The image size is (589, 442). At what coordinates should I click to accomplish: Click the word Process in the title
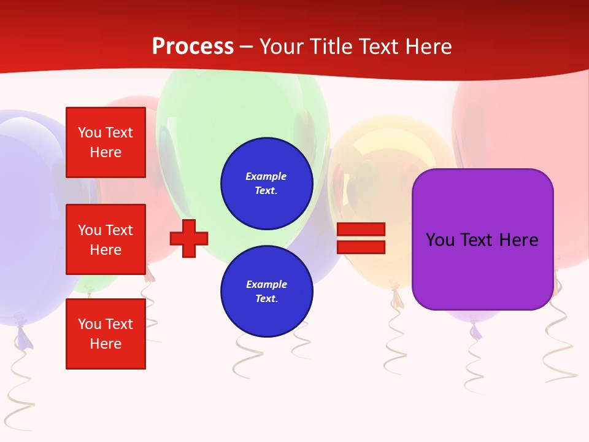point(193,47)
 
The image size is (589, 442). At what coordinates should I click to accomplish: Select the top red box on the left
point(106,142)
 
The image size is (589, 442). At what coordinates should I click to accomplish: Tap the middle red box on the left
point(106,239)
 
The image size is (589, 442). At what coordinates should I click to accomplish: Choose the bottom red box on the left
point(106,333)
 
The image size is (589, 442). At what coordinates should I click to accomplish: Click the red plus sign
point(189,238)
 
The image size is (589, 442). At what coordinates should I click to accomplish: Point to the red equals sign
point(361,238)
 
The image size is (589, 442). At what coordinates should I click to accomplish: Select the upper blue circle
point(266,184)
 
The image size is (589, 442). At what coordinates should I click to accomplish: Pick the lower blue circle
point(266,292)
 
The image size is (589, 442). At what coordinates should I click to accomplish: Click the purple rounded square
point(482,239)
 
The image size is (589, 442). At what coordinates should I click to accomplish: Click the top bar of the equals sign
point(361,230)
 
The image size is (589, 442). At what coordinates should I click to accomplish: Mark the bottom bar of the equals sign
point(361,247)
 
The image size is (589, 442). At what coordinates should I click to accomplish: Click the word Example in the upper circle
point(266,176)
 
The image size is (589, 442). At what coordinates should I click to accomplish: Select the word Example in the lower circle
point(266,284)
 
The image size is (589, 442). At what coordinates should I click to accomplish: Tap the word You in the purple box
point(440,240)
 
